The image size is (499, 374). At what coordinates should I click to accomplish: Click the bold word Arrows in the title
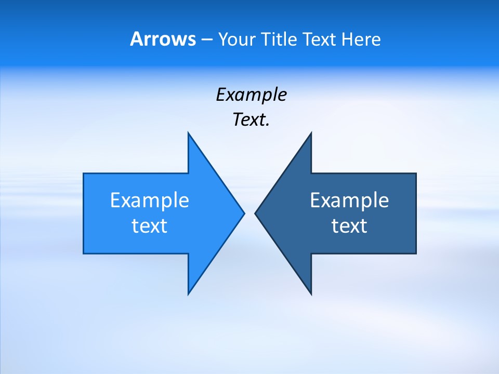tap(163, 39)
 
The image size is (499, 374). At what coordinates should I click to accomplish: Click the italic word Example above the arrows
tap(251, 95)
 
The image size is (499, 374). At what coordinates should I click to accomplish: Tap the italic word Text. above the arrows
tap(251, 120)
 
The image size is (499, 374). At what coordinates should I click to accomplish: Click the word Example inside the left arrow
tap(150, 201)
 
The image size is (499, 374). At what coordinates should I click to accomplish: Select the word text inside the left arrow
tap(150, 226)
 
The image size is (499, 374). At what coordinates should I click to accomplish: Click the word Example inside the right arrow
tap(349, 201)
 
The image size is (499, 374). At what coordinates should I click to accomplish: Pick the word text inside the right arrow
tap(349, 226)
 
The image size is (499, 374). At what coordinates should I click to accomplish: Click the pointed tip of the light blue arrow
tap(244, 213)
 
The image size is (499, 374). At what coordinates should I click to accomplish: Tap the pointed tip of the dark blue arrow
tap(255, 213)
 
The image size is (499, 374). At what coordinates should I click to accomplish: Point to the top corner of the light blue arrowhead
tap(188, 133)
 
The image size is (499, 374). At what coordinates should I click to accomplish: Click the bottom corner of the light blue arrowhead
tap(188, 294)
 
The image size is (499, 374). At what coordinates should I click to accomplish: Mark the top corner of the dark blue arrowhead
tap(311, 133)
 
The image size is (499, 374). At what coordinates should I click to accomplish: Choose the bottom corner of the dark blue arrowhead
tap(311, 294)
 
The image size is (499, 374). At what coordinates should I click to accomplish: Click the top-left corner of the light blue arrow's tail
tap(84, 173)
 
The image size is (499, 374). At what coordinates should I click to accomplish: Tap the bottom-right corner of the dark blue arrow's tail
tap(416, 253)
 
